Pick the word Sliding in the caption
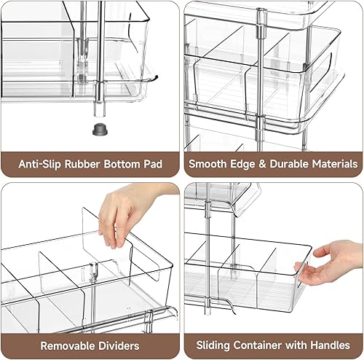click(214, 345)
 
